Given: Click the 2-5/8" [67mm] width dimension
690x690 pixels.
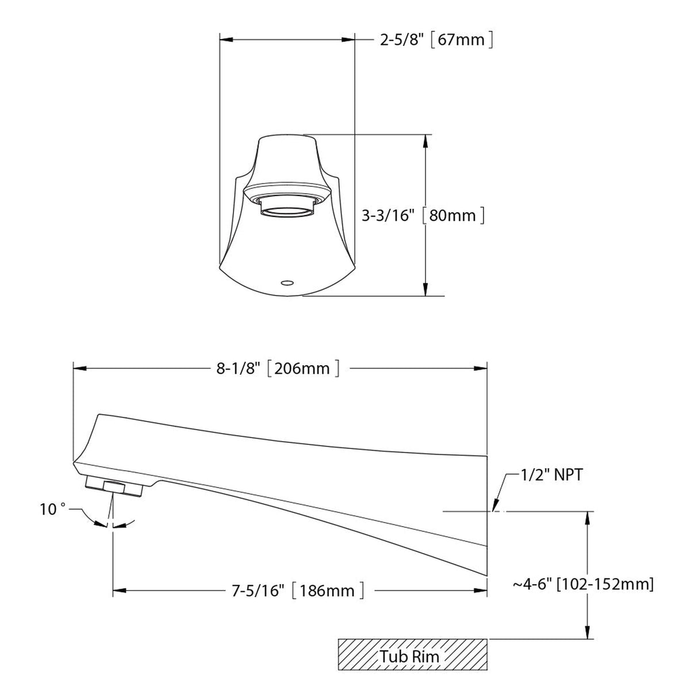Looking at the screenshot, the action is pos(436,40).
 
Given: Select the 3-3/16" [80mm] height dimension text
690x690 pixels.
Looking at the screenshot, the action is pos(423,216).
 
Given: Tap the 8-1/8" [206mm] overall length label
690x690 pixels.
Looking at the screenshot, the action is pos(278,369).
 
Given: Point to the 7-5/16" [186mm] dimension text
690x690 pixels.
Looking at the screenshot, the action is pos(298,591).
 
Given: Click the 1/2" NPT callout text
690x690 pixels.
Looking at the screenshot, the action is pos(551,475).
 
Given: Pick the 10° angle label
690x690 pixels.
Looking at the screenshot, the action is pos(53,509).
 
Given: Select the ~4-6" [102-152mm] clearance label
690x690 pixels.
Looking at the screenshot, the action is pos(583,584).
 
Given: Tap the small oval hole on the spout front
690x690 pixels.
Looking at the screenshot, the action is pos(287,283).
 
